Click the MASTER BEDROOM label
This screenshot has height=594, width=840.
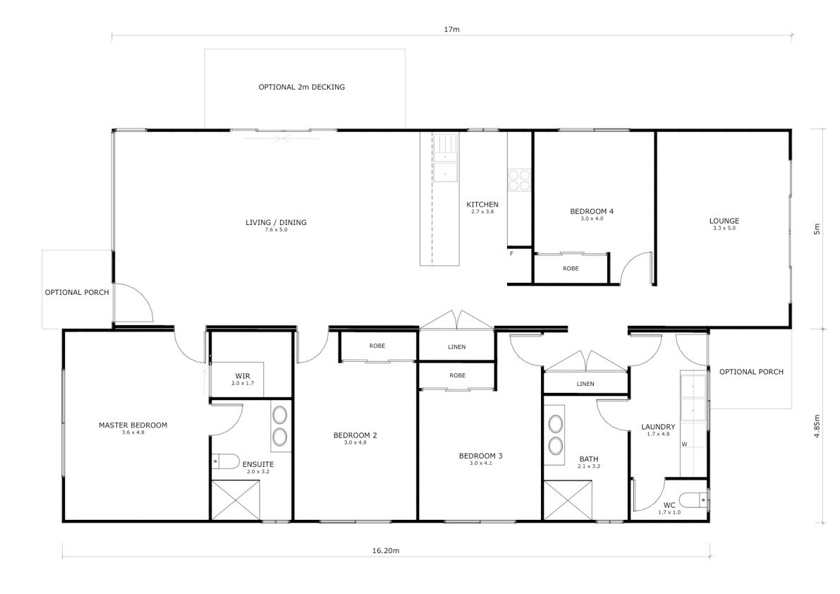click(133, 425)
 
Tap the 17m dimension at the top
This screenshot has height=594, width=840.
click(451, 29)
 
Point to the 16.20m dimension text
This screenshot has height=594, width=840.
click(386, 550)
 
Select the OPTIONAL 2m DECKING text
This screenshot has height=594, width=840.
click(302, 87)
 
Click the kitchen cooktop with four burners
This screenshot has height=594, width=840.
click(519, 180)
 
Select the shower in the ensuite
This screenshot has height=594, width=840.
click(236, 500)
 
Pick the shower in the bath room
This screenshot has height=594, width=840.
click(568, 500)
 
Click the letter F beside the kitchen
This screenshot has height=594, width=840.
click(511, 253)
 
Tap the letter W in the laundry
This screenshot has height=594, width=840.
click(684, 444)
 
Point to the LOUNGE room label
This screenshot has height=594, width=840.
click(724, 221)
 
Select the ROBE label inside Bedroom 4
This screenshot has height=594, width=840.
click(571, 268)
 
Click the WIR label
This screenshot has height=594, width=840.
click(243, 376)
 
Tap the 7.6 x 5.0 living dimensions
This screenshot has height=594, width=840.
click(276, 230)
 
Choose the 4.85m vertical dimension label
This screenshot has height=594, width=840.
click(817, 427)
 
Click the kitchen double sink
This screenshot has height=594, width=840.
click(446, 159)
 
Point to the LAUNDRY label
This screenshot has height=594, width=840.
click(659, 427)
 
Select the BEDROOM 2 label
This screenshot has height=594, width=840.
click(355, 435)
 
